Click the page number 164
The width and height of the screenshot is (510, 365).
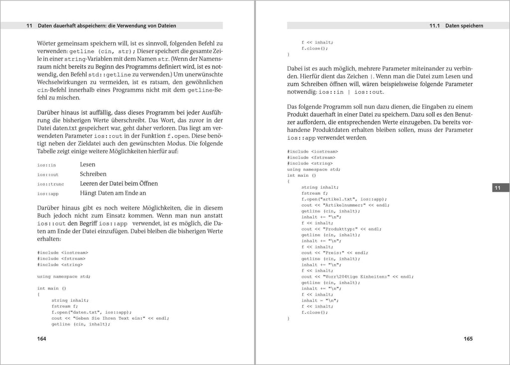42,339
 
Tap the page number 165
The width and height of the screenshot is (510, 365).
468,339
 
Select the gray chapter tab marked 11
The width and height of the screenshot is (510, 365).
498,188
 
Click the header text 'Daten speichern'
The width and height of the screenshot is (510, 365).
464,25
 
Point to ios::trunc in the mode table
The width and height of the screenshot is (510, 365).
50,184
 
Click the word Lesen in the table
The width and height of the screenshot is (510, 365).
87,164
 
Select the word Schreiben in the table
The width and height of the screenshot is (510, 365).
93,174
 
